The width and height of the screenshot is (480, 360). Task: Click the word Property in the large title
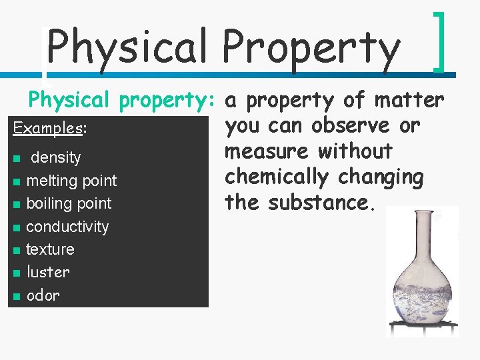[x=311, y=48]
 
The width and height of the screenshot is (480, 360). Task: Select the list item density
[x=56, y=158]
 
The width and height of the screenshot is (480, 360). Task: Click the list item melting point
[x=71, y=181]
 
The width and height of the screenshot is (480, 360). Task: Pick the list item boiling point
[x=69, y=203]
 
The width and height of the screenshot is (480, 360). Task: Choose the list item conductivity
[x=67, y=227]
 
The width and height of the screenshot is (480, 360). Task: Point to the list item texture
[x=50, y=249]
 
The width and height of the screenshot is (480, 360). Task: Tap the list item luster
[x=47, y=272]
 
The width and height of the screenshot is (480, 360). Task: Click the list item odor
[x=43, y=295]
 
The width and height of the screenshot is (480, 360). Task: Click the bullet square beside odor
[x=16, y=296]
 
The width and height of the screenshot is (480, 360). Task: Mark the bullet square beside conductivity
[x=16, y=227]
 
